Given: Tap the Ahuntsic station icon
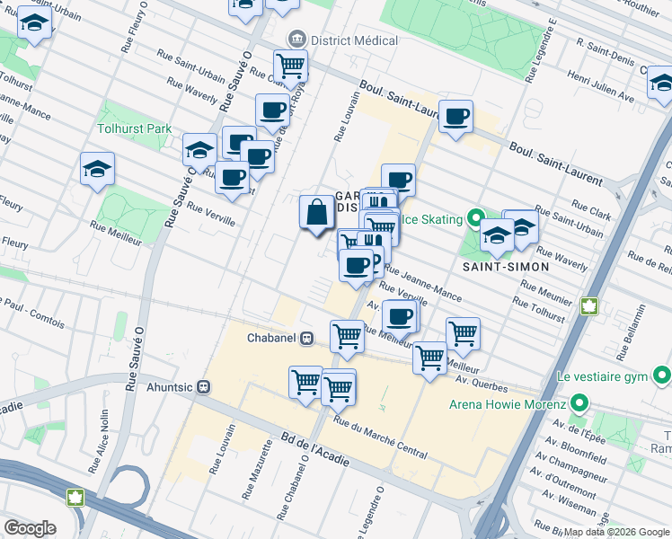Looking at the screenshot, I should [204, 387].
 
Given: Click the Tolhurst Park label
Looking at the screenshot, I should [134, 129].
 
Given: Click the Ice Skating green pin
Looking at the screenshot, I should [475, 219].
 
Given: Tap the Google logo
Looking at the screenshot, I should [30, 528].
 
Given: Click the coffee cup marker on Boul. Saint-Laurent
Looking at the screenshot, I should [456, 116].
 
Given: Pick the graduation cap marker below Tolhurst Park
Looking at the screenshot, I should [98, 169].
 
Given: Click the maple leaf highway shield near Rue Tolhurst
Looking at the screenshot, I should [590, 306].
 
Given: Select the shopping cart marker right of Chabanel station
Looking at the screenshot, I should [347, 337].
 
